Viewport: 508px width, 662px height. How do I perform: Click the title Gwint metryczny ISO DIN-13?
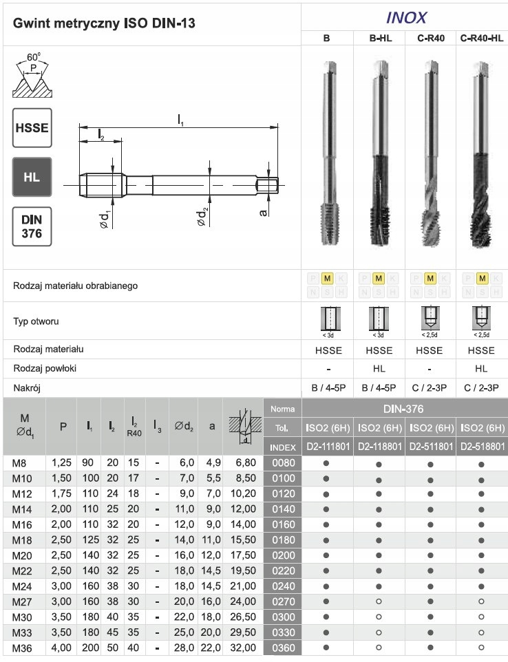tap(104, 23)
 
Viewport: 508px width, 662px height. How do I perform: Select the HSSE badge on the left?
tap(32, 128)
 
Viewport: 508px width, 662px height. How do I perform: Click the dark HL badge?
tap(32, 177)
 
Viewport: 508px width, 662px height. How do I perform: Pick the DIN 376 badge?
tap(32, 226)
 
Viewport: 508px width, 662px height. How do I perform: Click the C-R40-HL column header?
tap(482, 39)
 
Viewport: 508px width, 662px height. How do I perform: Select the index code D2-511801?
tap(430, 447)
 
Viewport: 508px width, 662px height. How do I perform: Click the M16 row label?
tap(23, 524)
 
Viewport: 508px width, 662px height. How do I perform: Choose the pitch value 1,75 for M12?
tap(63, 493)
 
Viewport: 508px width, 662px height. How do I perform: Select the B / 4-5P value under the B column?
tap(327, 387)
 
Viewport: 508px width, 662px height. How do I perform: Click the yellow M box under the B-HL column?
tap(379, 279)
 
